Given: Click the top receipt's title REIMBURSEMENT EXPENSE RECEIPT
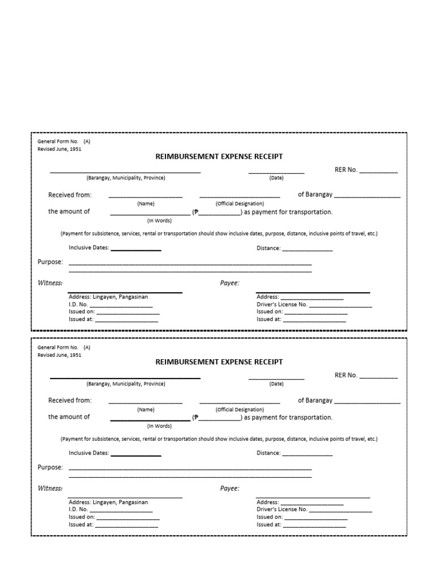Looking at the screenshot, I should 219,157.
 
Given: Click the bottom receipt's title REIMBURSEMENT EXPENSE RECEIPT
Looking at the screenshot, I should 219,362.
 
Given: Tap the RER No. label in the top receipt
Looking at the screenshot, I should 346,170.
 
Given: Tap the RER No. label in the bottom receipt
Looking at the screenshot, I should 346,375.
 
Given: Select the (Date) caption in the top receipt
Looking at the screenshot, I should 276,178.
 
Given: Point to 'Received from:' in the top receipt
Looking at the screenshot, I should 70,195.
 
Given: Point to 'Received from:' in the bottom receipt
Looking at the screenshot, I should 70,401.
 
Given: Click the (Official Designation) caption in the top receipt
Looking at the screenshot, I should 240,204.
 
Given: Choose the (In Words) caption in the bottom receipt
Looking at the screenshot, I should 159,426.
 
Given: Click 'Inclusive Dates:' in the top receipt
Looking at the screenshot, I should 89,248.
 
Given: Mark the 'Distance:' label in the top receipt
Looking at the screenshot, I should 268,248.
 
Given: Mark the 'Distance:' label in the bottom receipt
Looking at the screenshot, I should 268,453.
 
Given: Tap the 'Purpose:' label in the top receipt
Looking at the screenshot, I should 50,262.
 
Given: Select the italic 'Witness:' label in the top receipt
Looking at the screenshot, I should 50,283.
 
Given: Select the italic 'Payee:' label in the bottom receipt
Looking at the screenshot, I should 229,489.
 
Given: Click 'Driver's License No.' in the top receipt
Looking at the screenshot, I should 282,304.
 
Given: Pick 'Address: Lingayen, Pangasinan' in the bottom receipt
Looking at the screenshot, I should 108,502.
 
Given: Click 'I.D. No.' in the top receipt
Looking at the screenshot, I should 78,304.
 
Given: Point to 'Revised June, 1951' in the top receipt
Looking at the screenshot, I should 59,149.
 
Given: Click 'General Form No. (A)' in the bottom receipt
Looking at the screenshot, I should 63,347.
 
